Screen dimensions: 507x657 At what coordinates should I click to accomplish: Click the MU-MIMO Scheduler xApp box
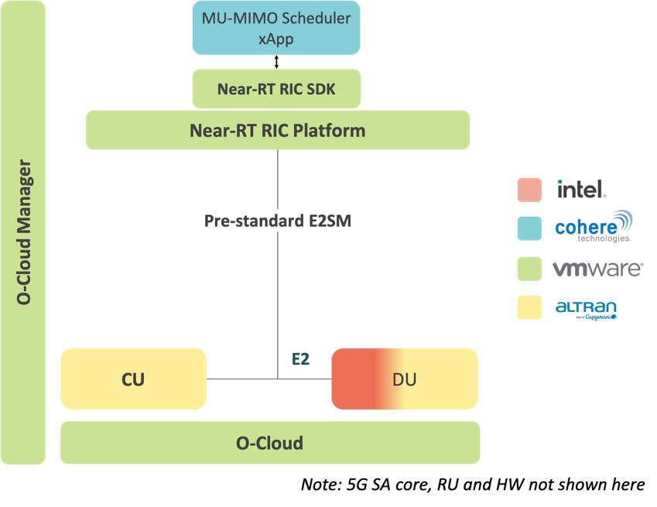click(276, 28)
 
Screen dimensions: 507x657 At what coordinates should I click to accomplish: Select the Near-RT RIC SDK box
click(276, 89)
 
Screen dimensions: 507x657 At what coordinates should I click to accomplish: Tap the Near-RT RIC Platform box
click(277, 130)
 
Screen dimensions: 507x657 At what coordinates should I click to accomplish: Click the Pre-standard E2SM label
click(277, 221)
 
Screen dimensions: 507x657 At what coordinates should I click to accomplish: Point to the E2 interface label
click(300, 360)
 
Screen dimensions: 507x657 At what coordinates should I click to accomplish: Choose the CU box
click(133, 379)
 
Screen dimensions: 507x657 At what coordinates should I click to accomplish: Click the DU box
click(404, 379)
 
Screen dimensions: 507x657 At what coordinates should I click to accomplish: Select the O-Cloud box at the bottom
click(269, 444)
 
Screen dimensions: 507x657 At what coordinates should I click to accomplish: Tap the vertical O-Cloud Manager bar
click(24, 232)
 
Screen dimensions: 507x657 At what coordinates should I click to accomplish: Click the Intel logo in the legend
click(582, 188)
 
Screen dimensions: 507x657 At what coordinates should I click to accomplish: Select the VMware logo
click(597, 269)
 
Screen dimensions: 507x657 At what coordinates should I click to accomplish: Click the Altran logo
click(586, 308)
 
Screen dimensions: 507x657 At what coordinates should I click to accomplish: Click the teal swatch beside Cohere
click(529, 228)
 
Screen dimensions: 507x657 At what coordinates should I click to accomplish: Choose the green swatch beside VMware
click(529, 269)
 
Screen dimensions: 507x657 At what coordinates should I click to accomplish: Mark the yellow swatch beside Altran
click(529, 308)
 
